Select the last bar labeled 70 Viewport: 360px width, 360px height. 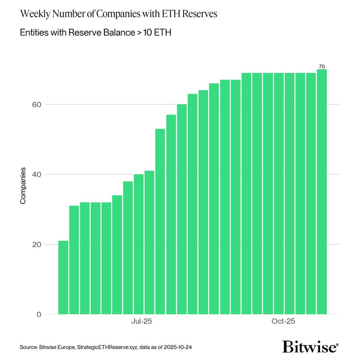[322, 192]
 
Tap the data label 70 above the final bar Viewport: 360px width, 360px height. [322, 66]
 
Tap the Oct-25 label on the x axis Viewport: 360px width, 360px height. [284, 322]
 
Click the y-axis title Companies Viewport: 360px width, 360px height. [23, 186]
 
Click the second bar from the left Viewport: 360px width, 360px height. [74, 260]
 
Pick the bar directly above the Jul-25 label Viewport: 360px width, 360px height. [139, 244]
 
